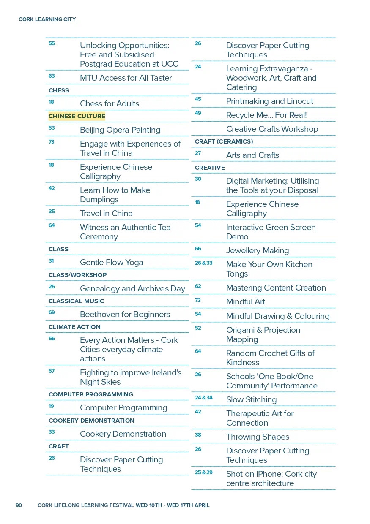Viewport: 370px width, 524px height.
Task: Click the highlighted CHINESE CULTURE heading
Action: click(x=77, y=116)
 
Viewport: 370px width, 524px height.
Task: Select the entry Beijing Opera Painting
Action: click(x=120, y=130)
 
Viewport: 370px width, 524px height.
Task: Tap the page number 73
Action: click(x=52, y=142)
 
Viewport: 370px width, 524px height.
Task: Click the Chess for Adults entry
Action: click(x=110, y=104)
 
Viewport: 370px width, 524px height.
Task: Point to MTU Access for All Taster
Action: click(x=126, y=78)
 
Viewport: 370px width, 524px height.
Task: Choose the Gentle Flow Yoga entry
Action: click(x=112, y=263)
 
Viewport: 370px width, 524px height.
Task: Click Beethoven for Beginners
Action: click(x=125, y=315)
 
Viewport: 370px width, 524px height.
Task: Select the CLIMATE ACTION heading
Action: click(x=74, y=327)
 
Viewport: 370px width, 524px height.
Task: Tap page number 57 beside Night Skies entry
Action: click(x=52, y=371)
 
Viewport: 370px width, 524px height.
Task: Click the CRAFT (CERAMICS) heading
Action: click(x=224, y=141)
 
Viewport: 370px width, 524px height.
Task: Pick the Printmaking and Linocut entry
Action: click(x=270, y=101)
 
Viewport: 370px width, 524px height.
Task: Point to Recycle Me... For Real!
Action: click(x=266, y=115)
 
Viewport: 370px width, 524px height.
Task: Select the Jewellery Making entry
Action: click(x=258, y=251)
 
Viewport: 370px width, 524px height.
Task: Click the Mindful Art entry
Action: click(x=246, y=302)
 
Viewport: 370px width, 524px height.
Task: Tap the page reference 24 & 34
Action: click(x=203, y=398)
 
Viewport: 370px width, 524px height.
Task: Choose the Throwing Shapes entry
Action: click(x=258, y=437)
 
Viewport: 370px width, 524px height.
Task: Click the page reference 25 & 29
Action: click(x=203, y=472)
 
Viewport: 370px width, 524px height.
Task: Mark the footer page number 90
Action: click(x=19, y=505)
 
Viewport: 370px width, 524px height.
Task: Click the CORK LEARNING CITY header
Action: click(x=47, y=19)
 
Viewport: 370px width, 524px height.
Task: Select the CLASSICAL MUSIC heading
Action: click(x=76, y=301)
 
